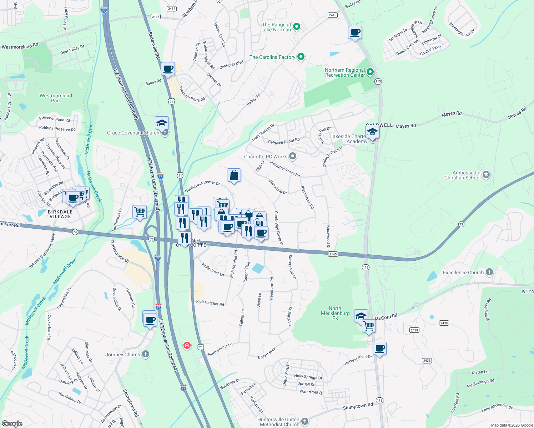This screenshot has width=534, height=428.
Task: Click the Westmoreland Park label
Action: (56, 98)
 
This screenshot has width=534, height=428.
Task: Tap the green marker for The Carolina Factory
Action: (301, 57)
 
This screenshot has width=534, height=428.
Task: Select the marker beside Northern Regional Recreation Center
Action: (370, 72)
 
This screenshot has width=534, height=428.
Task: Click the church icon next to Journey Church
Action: (145, 354)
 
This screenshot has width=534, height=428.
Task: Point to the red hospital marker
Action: (187, 345)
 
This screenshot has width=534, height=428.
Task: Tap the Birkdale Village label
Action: (60, 214)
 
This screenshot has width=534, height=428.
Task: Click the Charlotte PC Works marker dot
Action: (293, 156)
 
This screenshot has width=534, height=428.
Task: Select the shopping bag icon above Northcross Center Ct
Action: (234, 175)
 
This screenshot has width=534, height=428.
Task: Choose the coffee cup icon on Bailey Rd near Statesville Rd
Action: (168, 68)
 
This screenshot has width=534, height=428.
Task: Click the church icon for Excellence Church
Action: (489, 272)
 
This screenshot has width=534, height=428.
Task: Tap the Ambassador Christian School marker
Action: (486, 175)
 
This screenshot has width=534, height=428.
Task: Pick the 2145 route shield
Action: (333, 254)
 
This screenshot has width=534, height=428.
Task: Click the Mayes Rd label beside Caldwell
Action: (405, 126)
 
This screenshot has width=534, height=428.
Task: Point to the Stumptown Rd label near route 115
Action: (358, 406)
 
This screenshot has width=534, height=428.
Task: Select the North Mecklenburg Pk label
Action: (335, 313)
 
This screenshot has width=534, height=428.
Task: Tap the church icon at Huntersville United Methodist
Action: (304, 421)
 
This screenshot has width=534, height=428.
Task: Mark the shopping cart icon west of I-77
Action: (140, 211)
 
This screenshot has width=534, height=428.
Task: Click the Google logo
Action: (12, 423)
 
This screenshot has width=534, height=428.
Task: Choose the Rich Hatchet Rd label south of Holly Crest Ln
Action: (210, 303)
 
